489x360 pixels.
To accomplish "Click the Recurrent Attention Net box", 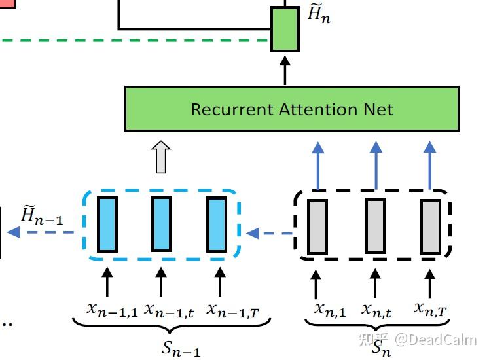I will tap(291, 109).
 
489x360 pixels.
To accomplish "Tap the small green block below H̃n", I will tap(285, 29).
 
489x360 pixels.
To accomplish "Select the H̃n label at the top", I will tap(319, 14).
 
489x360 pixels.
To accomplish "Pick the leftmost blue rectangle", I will tap(107, 225).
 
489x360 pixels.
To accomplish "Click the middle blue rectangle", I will tap(162, 225).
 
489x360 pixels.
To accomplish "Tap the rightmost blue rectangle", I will tap(217, 225).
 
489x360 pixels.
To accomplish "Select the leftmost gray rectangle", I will tap(317, 226).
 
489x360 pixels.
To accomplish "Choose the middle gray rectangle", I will tap(375, 226).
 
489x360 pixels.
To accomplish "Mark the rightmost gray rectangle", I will tap(431, 226).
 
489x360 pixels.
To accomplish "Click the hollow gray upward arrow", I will tap(161, 157).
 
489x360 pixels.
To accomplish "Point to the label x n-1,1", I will tap(112, 308).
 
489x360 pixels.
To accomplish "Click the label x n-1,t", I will tap(169, 308).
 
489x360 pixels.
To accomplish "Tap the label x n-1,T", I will tap(233, 309).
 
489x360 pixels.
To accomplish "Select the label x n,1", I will tap(330, 309).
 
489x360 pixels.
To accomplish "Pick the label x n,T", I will tap(431, 308).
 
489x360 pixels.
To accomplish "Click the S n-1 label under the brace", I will tap(181, 348).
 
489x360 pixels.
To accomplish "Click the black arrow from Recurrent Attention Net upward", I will tap(285, 70).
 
